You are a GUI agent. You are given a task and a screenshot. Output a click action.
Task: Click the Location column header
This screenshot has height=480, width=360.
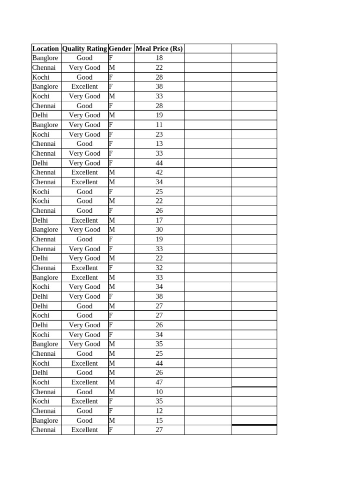[x=45, y=49]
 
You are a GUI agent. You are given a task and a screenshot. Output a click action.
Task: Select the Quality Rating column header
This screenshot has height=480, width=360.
[x=84, y=49]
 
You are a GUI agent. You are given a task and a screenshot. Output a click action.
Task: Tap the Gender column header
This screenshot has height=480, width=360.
[x=120, y=49]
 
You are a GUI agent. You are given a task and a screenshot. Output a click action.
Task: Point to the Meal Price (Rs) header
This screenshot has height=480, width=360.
[x=159, y=49]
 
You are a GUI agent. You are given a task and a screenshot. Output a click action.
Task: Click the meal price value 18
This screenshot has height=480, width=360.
[x=159, y=58]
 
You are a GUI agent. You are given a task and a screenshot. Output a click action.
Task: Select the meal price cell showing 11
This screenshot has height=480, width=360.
[x=159, y=125]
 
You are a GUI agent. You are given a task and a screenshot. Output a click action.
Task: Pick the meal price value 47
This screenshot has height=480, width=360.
[x=159, y=382]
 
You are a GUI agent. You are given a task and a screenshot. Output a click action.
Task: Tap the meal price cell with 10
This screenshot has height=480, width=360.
[x=159, y=392]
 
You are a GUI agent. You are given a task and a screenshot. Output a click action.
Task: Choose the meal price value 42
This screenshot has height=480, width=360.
[x=159, y=172]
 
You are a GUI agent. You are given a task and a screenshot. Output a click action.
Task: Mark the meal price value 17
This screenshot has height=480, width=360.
[x=159, y=220]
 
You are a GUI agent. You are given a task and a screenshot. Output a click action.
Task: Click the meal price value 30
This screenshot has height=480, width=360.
[x=159, y=230]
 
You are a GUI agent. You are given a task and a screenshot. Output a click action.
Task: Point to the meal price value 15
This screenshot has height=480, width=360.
[x=159, y=420]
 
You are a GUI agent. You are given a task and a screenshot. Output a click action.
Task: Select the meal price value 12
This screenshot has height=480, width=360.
[x=159, y=411]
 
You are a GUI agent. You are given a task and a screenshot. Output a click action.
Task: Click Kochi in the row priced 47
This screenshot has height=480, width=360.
[x=41, y=382]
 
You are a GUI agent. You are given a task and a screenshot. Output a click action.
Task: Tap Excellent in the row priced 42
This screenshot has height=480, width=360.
[x=84, y=172]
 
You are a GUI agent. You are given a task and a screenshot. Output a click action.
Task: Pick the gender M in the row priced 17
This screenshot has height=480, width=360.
[x=112, y=220]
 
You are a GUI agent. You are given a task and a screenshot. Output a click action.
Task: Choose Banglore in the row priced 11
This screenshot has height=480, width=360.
[x=45, y=125]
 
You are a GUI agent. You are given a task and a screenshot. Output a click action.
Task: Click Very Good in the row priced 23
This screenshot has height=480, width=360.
[x=84, y=135]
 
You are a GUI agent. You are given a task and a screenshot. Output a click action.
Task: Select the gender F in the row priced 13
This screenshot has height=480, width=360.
[x=111, y=144]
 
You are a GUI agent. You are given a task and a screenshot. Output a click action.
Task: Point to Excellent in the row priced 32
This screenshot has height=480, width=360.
[x=84, y=268]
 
